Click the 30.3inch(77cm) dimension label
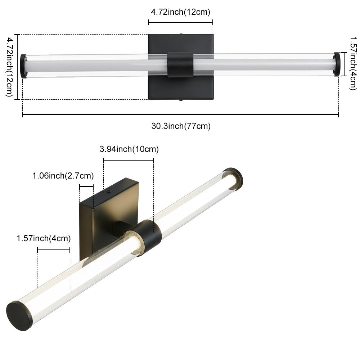(181, 126)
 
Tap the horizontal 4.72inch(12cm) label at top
(180, 12)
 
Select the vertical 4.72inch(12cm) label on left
(9, 67)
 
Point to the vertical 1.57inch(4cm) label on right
(354, 63)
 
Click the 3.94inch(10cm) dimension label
(129, 149)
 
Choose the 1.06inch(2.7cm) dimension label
(63, 176)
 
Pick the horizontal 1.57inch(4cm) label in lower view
(44, 238)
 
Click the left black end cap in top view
(23, 66)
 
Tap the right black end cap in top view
(337, 64)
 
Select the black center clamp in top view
(180, 65)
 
